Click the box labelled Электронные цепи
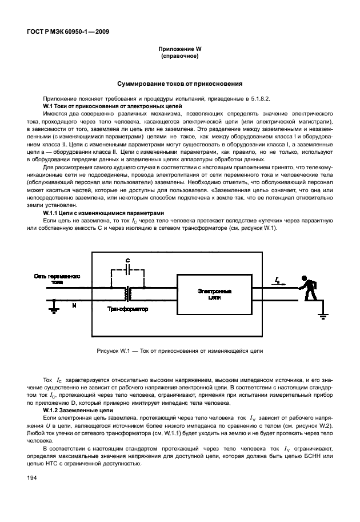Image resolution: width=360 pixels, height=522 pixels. pos(213,294)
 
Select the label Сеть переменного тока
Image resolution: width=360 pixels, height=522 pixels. pos(57,278)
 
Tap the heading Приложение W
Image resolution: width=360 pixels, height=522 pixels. pos(180,50)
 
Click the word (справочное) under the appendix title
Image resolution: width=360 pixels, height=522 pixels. pos(180,57)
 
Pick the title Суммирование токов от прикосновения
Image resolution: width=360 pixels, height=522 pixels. pos(180,83)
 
